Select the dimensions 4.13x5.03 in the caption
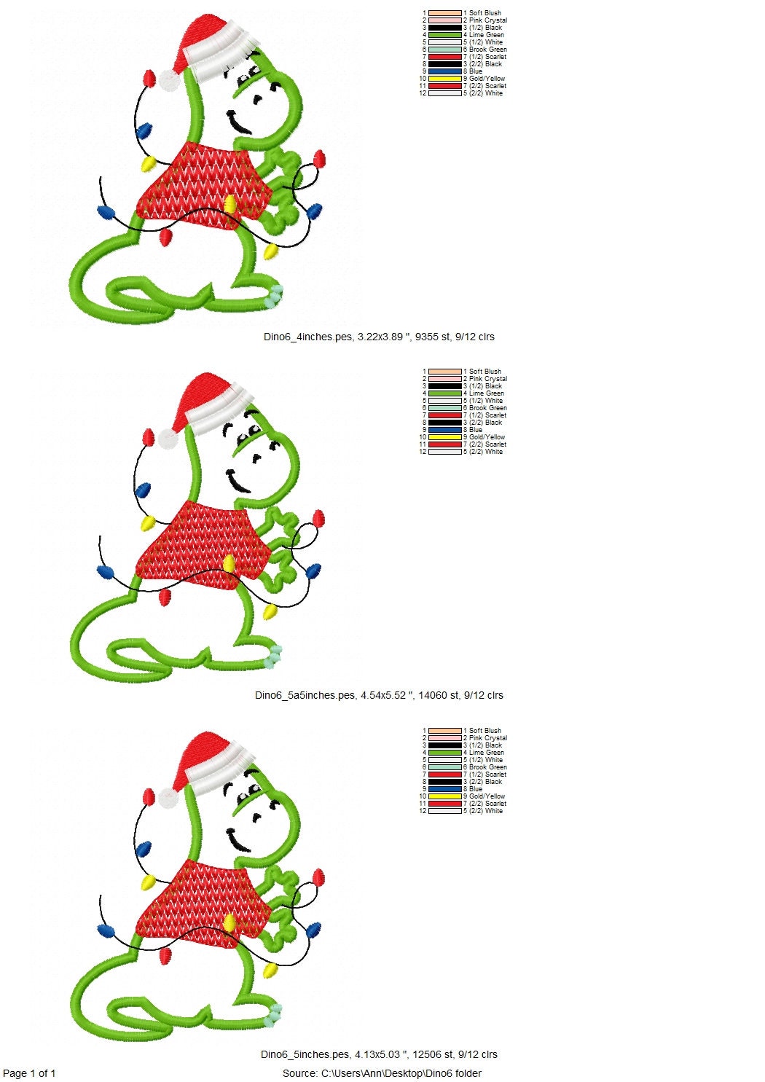point(379,1054)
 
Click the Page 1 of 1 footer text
point(29,1073)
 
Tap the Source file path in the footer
point(382,1073)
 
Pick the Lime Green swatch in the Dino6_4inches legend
point(444,35)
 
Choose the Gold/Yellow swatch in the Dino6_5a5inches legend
point(444,437)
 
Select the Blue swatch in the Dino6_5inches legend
point(444,789)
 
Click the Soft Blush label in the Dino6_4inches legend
point(484,13)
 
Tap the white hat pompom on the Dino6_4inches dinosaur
point(170,80)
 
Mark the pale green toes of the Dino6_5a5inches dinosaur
point(272,657)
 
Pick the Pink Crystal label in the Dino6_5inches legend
point(487,738)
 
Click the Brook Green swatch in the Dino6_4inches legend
point(444,50)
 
